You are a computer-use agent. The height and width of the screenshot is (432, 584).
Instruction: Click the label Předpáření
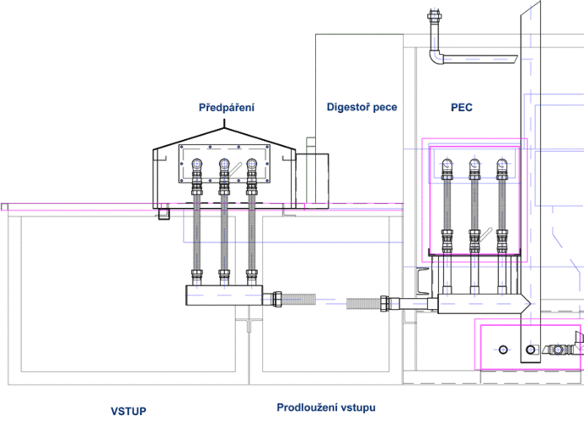pos(227,108)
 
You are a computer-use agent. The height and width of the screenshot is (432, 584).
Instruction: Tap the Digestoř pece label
pos(362,107)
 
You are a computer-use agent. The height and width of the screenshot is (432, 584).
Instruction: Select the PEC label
pos(462,108)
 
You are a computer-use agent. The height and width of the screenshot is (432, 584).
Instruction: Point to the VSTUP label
pos(128,411)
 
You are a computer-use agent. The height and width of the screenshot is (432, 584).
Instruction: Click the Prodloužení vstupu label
pos(326,407)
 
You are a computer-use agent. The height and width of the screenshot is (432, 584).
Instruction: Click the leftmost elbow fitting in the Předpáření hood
pos(197,164)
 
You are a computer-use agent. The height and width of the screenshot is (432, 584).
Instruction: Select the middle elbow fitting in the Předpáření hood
pos(224,164)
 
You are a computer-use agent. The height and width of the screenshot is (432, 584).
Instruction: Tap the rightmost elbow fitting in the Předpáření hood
pos(252,164)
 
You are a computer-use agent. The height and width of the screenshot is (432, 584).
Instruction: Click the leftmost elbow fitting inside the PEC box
pos(447,164)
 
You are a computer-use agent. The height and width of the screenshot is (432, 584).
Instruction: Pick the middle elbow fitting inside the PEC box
pos(474,164)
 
